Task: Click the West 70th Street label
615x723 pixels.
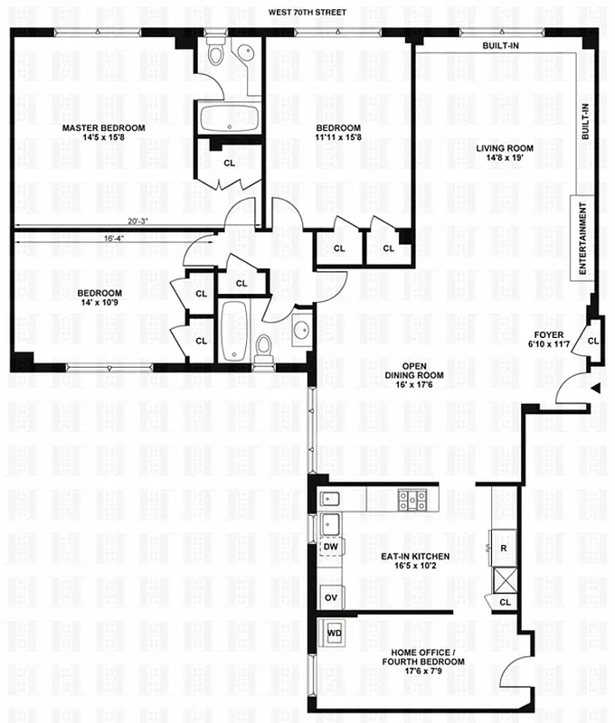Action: click(x=307, y=13)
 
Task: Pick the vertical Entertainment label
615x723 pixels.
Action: click(x=583, y=239)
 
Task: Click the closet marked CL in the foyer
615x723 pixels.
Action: click(x=592, y=341)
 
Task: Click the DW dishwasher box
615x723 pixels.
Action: click(x=329, y=547)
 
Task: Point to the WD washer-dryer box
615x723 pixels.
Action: click(x=333, y=633)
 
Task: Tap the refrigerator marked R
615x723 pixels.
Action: click(x=503, y=548)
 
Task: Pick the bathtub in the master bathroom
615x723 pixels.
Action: click(x=229, y=118)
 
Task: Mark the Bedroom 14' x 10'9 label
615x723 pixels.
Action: click(x=99, y=299)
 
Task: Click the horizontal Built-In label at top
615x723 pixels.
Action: click(x=500, y=45)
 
